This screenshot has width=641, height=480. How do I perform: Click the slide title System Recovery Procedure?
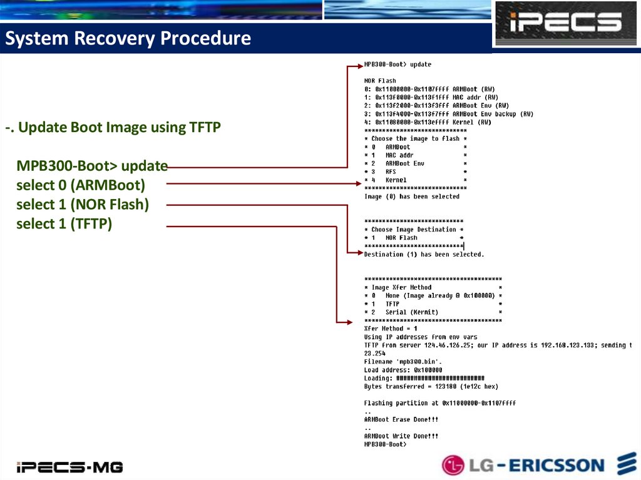(x=128, y=39)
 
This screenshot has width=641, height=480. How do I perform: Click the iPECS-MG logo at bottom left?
(x=69, y=466)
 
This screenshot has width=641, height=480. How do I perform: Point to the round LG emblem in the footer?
(x=454, y=465)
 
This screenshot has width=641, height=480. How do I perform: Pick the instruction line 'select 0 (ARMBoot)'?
(x=80, y=185)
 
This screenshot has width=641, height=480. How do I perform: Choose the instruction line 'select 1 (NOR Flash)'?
(x=83, y=204)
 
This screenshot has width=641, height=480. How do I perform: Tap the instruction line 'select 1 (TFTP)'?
(x=64, y=223)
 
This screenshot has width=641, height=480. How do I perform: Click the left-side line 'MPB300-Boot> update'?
(x=92, y=166)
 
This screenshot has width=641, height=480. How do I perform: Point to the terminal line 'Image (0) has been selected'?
(x=412, y=197)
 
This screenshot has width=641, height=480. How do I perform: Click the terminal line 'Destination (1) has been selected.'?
(x=424, y=255)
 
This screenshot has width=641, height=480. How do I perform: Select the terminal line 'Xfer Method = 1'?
(x=391, y=329)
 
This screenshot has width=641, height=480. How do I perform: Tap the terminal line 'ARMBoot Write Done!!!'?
(x=401, y=436)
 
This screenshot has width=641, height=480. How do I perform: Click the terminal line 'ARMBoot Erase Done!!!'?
(x=401, y=419)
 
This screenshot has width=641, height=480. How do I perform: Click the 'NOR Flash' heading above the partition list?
(x=380, y=81)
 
